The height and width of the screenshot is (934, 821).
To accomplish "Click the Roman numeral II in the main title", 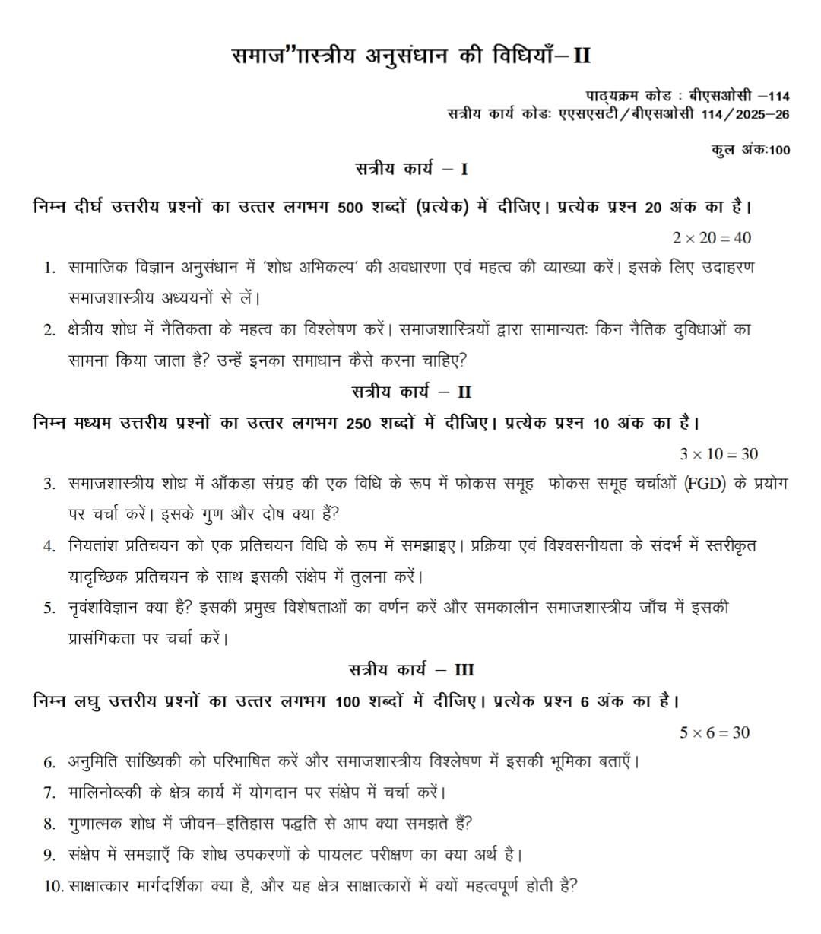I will [579, 56].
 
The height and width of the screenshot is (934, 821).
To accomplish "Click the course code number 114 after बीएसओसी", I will [778, 96].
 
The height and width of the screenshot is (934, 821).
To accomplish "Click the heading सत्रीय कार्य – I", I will [411, 168].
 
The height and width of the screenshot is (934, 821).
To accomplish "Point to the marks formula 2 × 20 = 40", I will [712, 238].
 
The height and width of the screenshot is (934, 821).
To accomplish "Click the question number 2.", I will [49, 330].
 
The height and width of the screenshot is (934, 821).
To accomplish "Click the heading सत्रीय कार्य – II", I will [411, 392].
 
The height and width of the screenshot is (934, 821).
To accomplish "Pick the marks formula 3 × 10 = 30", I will [718, 454].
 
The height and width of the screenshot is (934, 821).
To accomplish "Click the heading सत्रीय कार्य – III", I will [411, 670].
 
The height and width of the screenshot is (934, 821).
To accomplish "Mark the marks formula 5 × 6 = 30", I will [715, 732].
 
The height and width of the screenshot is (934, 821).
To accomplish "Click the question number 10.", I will [52, 886].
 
